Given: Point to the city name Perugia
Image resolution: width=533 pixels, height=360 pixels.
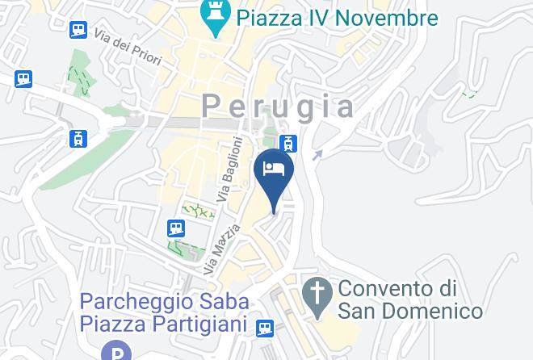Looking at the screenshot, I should point(279,106).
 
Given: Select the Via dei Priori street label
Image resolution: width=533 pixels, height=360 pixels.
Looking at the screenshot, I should point(128,47).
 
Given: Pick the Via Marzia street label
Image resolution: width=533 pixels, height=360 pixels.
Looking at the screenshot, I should point(221,249).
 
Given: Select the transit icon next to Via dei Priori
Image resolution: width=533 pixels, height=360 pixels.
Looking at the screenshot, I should point(78,31).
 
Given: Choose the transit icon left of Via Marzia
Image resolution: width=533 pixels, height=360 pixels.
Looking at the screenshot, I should point(176,229).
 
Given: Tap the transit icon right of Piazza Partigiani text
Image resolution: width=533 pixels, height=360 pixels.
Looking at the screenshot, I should point(265,328).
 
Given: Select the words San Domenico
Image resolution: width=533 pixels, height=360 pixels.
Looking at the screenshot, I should point(410,311).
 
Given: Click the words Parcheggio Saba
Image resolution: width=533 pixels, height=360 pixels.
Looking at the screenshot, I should point(164,302).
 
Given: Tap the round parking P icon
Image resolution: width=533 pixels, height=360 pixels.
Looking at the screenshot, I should point(117,352).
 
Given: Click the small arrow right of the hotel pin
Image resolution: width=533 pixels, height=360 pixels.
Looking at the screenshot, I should point(317,155).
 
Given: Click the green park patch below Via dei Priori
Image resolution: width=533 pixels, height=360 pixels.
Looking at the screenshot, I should point(79,73).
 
